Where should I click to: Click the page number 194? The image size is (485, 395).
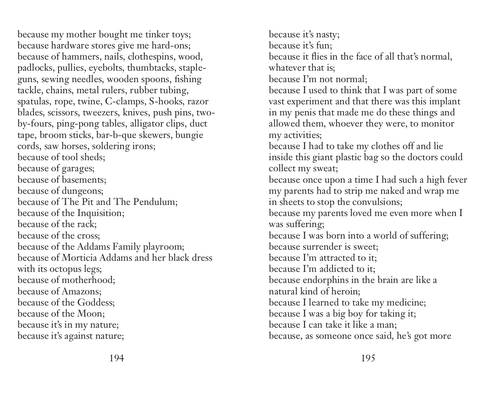[x=116, y=358]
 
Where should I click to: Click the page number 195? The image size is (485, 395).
[x=368, y=358]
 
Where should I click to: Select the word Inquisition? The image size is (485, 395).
[x=100, y=213]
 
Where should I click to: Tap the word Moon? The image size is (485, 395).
[x=91, y=314]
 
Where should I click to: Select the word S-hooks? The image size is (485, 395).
[x=166, y=101]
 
